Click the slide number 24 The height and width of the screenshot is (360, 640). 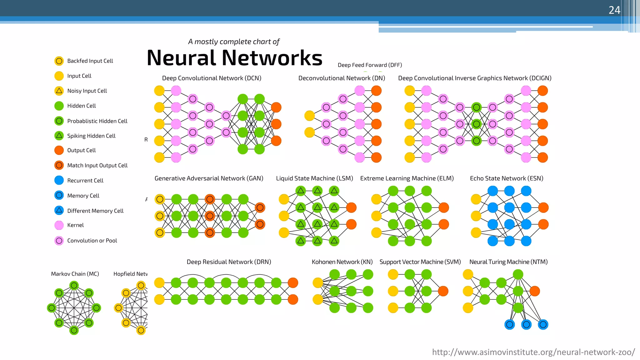[x=614, y=10]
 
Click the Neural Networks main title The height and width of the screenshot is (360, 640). [x=234, y=58]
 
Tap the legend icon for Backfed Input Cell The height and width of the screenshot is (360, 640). [x=59, y=61]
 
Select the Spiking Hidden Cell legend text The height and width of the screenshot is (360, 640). [x=91, y=136]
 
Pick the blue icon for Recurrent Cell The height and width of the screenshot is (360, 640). [x=59, y=180]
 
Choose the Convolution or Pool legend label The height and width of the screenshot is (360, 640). [x=92, y=241]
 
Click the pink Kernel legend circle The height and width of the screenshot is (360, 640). [x=59, y=225]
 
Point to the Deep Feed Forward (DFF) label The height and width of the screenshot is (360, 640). [x=370, y=65]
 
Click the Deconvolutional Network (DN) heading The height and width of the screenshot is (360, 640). [x=342, y=78]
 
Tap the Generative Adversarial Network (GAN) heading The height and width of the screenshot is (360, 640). [x=209, y=178]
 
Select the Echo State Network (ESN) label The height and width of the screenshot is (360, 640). [x=507, y=178]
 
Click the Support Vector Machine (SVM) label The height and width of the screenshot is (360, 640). [x=420, y=262]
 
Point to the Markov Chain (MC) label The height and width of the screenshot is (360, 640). [x=75, y=274]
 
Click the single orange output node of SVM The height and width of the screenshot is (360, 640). [x=443, y=291]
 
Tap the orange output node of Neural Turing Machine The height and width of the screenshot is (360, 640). [x=535, y=291]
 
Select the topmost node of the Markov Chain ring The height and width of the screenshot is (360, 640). [x=74, y=285]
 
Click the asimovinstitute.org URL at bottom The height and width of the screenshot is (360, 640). [x=533, y=352]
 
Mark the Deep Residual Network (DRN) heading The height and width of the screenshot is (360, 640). [x=229, y=262]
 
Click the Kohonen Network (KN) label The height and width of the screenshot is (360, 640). [x=342, y=262]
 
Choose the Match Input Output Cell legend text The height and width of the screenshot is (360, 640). [x=97, y=166]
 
